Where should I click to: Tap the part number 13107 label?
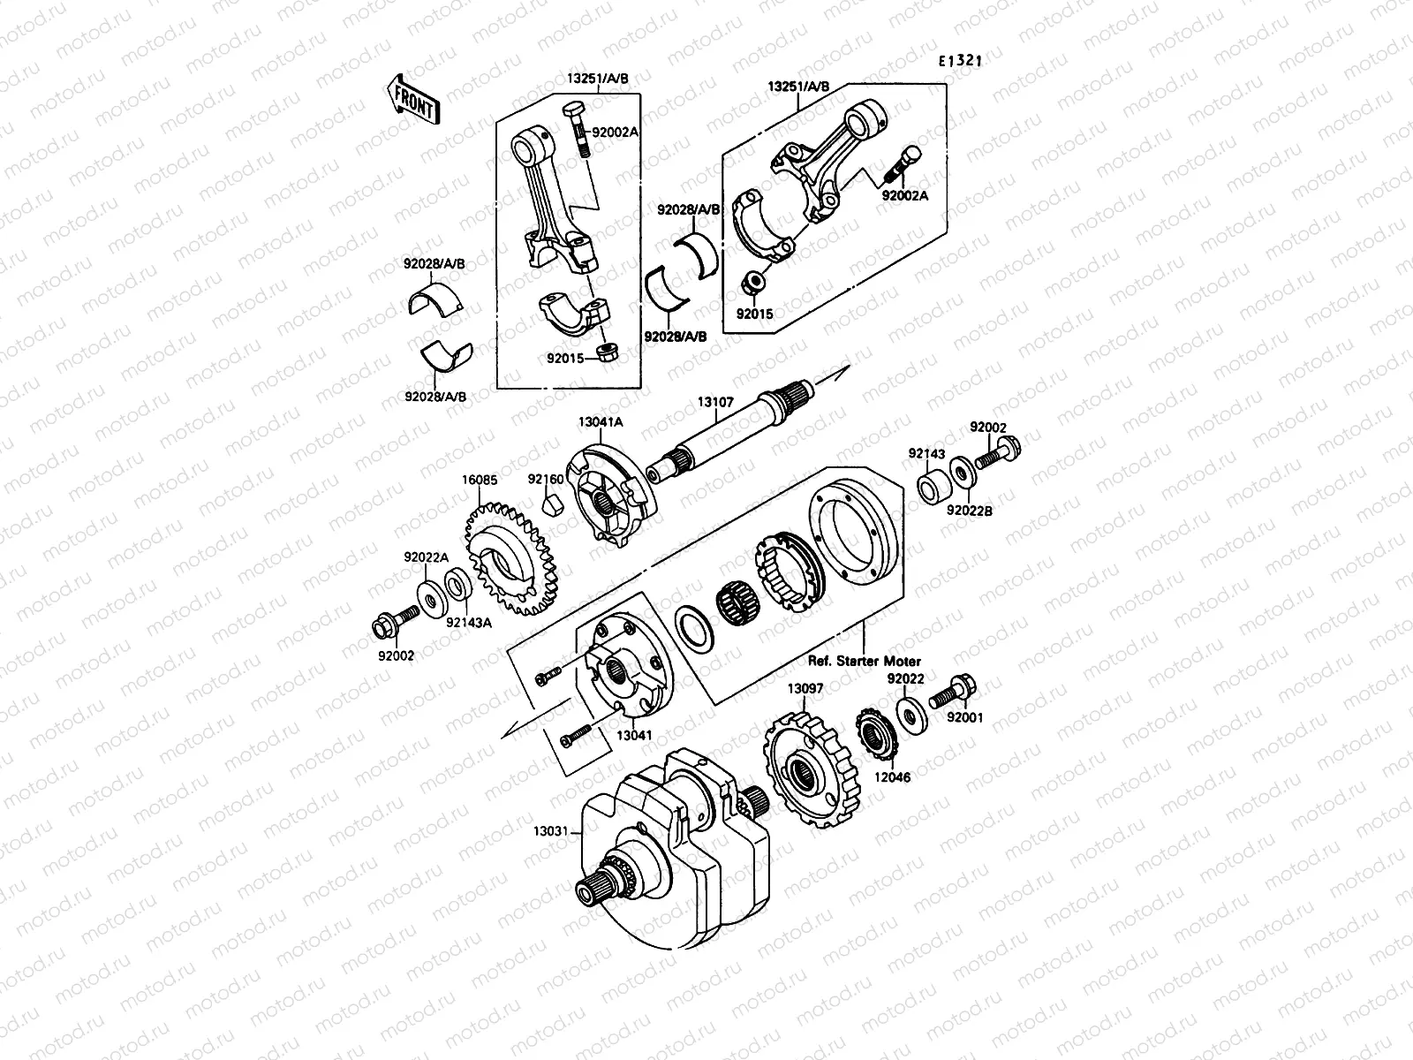coord(715,402)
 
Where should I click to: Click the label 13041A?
coord(601,422)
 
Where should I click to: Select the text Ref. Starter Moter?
coord(865,661)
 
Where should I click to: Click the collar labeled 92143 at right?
coord(934,488)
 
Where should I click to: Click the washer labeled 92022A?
coord(431,599)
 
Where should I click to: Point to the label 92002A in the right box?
coord(904,196)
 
